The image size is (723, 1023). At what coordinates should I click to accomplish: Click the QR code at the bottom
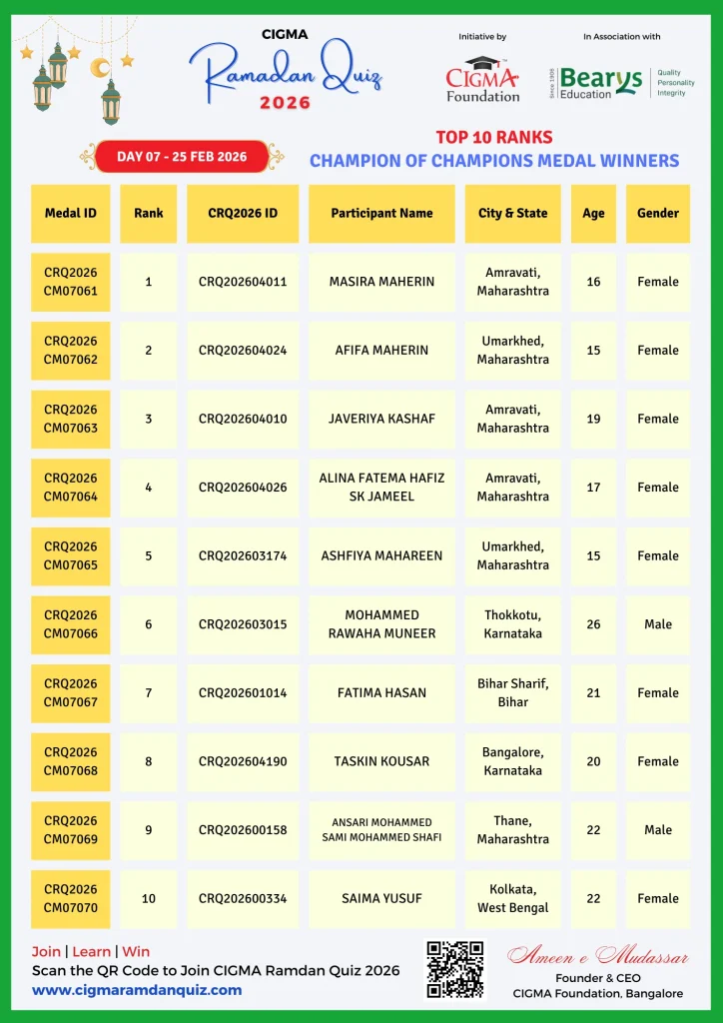[x=454, y=968]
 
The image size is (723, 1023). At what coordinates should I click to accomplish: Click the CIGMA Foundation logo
[x=482, y=79]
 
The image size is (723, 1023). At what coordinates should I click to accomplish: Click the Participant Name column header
[x=381, y=213]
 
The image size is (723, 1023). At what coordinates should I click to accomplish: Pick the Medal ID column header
[x=70, y=213]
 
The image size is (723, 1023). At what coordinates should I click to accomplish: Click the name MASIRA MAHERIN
[x=381, y=282]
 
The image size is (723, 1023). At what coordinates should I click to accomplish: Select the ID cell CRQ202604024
[x=243, y=351]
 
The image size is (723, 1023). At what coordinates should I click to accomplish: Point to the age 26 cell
[x=593, y=624]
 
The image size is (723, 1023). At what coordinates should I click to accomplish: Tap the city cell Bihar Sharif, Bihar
[x=512, y=693]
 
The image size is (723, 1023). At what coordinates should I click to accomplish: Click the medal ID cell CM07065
[x=70, y=555]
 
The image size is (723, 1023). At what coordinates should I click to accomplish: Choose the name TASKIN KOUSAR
[x=381, y=761]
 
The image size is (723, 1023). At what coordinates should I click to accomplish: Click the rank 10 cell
[x=149, y=898]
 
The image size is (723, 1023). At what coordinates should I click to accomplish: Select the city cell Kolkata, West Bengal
[x=512, y=898]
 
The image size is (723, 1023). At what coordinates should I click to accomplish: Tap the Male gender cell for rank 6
[x=658, y=624]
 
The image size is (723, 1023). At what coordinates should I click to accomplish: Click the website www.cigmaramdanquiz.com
[x=137, y=990]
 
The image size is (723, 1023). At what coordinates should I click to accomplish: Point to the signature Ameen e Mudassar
[x=598, y=957]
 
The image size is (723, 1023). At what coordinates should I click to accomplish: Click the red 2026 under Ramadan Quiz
[x=285, y=103]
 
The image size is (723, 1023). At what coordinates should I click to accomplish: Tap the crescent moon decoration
[x=99, y=67]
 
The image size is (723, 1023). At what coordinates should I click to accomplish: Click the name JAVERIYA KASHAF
[x=381, y=419]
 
